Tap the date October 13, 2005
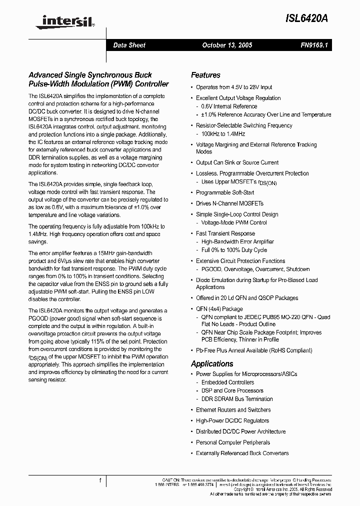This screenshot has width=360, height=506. [227, 45]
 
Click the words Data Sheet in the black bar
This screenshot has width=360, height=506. [129, 45]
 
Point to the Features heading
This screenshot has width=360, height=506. [205, 75]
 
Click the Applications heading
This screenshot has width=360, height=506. [212, 363]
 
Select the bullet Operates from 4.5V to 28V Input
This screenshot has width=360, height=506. [234, 87]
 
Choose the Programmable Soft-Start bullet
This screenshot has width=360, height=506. [225, 192]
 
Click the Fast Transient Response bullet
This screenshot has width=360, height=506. [225, 233]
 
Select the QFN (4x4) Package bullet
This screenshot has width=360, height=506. [219, 308]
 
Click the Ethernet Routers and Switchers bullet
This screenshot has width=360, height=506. [233, 409]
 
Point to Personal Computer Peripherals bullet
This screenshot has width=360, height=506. [232, 442]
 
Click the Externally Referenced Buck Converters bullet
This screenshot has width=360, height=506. [242, 453]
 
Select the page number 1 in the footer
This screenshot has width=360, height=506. [100, 481]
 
